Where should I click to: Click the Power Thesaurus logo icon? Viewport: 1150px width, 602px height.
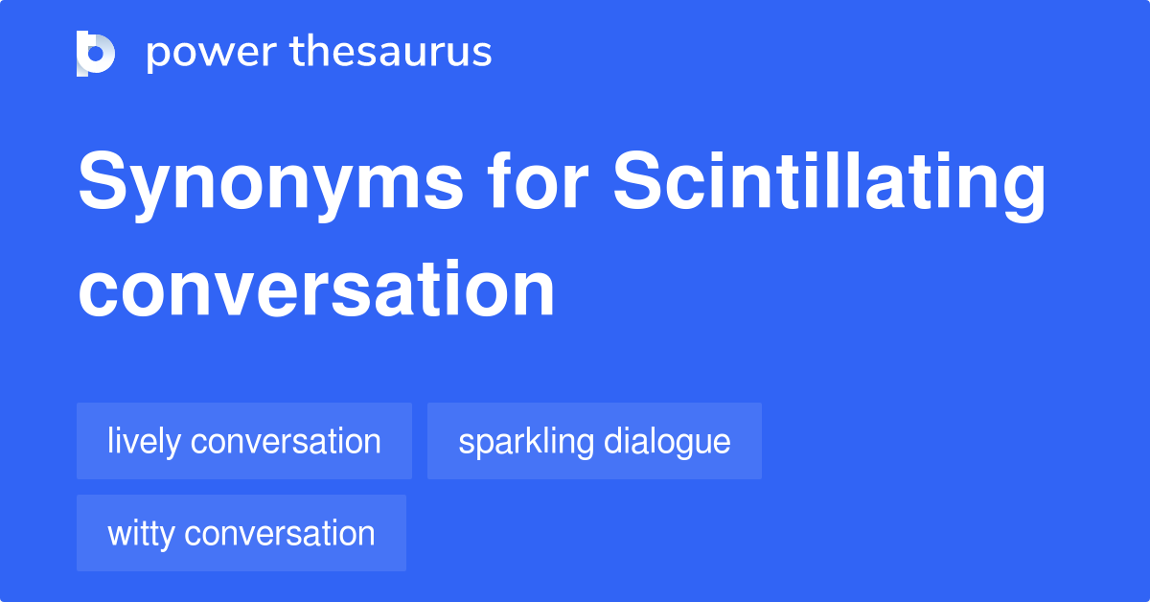click(x=96, y=54)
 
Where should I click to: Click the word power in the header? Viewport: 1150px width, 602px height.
click(x=212, y=55)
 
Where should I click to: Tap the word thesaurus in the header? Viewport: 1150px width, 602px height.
click(x=391, y=51)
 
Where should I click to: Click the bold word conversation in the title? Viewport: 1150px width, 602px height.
click(x=316, y=289)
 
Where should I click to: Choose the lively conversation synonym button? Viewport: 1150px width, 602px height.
click(x=244, y=441)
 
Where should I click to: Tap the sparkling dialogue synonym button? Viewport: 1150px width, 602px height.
click(x=594, y=441)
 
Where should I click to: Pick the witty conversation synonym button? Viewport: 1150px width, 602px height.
click(x=241, y=533)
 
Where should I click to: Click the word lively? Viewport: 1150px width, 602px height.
click(x=145, y=442)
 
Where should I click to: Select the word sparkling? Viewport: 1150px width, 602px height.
click(x=526, y=442)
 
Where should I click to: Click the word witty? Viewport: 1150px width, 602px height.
click(x=141, y=534)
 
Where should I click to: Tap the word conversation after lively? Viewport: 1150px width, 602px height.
click(x=286, y=441)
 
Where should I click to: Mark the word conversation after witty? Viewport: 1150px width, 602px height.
click(x=280, y=533)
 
